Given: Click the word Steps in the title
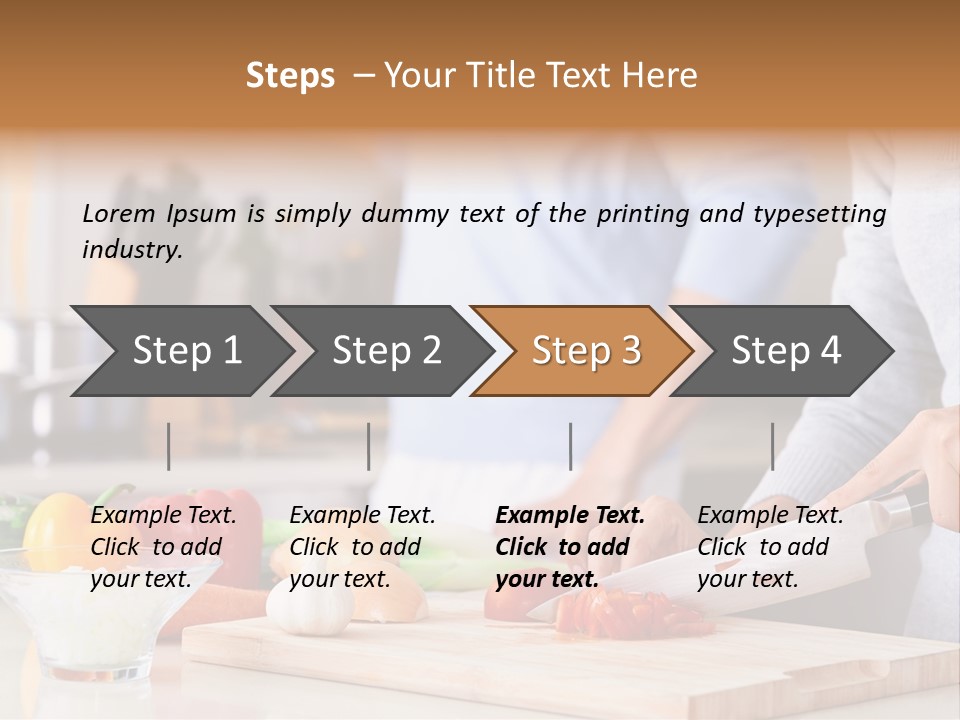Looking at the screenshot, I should tap(290, 76).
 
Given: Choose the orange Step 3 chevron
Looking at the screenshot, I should tap(586, 350).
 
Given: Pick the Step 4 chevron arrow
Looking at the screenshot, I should tap(786, 350).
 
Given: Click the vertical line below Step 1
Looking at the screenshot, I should tap(169, 446).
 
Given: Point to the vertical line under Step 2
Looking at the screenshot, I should tap(369, 446).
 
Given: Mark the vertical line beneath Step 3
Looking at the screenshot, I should tap(570, 446).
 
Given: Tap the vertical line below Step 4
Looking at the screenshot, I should tap(772, 446).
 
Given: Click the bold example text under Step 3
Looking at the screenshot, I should tap(569, 547).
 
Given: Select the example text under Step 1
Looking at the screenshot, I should tap(163, 547).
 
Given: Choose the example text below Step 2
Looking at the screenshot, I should tap(362, 547).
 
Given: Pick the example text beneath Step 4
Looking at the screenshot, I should tap(770, 547).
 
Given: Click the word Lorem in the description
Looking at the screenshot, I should tap(119, 213).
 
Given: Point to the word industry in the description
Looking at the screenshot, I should tap(131, 250).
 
